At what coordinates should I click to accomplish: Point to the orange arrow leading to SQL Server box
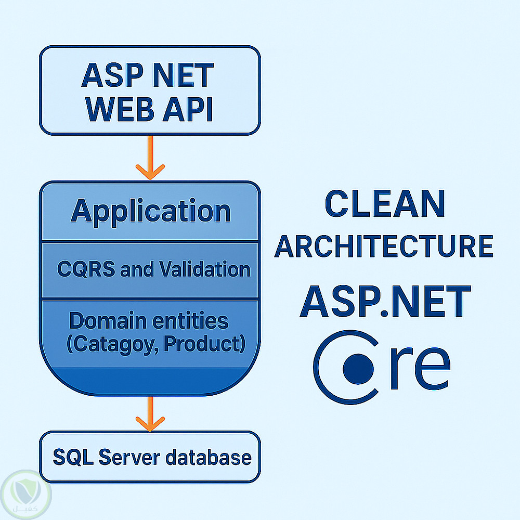(x=150, y=413)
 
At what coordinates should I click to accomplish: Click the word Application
(x=150, y=211)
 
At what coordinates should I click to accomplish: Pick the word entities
(x=190, y=321)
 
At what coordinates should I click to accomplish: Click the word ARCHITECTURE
(x=384, y=246)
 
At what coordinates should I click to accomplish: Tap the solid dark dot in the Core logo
(x=358, y=368)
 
